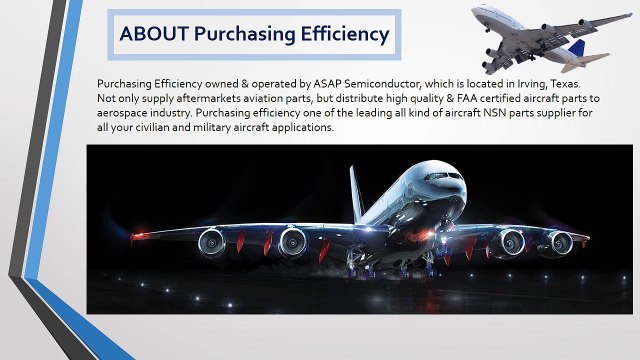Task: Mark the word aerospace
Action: pos(125,113)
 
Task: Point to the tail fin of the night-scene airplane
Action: pos(355,190)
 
